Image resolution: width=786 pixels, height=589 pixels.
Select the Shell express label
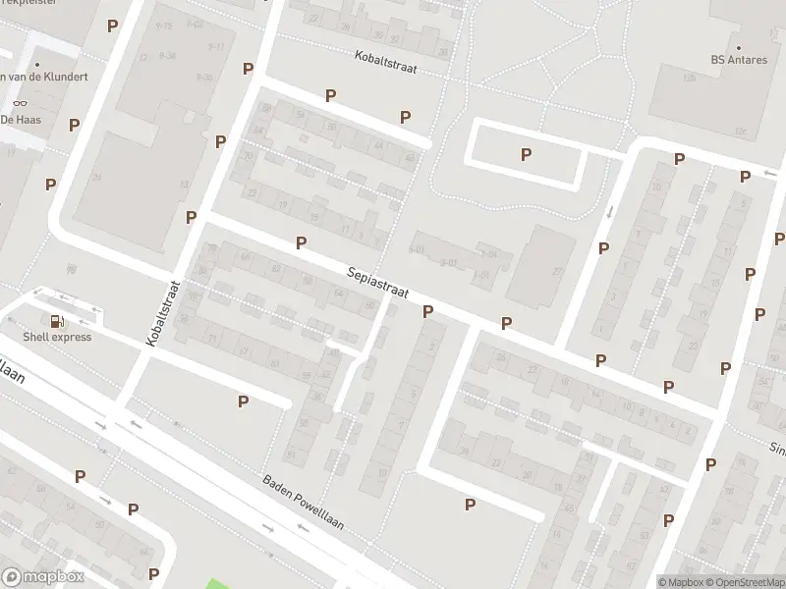(x=59, y=337)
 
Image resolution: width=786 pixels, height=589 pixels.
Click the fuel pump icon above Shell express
(x=57, y=320)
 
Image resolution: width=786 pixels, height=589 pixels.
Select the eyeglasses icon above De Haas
(x=19, y=103)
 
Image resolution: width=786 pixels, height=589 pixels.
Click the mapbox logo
(x=42, y=577)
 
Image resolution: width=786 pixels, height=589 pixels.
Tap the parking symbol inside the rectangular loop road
(x=527, y=154)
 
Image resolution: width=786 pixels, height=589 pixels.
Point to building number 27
(x=557, y=271)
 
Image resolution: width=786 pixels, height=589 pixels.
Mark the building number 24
(x=97, y=178)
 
